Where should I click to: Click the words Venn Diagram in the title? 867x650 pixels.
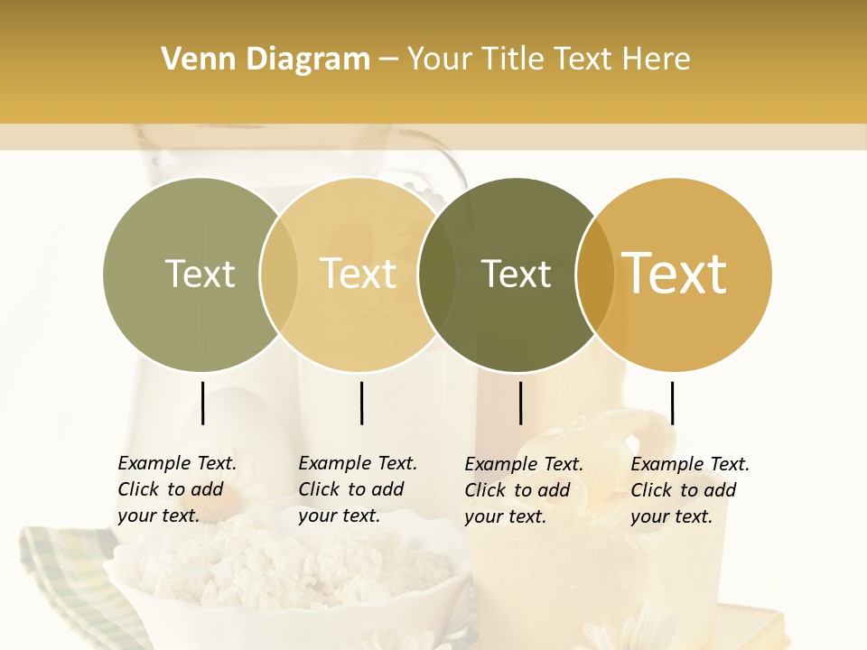click(266, 60)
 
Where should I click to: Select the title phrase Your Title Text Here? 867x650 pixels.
click(548, 60)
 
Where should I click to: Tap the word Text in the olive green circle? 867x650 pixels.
click(200, 274)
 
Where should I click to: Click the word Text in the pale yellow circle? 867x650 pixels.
click(359, 274)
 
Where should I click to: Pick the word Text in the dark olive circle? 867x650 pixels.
click(516, 274)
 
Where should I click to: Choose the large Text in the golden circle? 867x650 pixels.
click(675, 274)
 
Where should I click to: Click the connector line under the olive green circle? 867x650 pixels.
click(202, 403)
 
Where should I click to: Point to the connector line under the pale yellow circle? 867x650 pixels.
click(361, 403)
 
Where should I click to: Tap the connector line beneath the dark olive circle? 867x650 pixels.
click(520, 403)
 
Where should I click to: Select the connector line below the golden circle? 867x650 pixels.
click(672, 403)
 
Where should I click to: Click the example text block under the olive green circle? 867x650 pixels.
click(177, 489)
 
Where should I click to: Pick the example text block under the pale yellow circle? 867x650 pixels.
click(358, 489)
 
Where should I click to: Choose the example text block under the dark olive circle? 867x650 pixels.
click(524, 490)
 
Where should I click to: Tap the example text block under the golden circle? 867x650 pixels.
click(690, 490)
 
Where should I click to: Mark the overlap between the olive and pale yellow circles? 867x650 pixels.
click(279, 274)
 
